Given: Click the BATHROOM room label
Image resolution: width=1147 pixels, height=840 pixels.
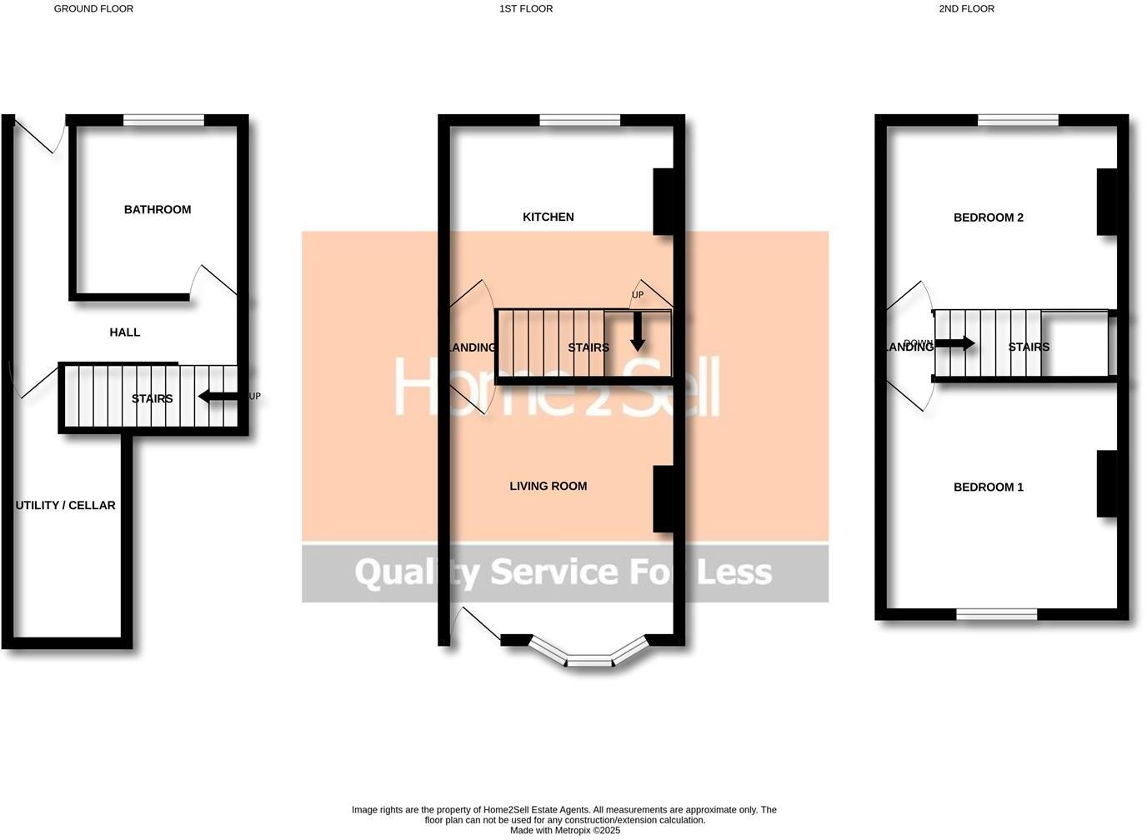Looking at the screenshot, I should (x=158, y=210).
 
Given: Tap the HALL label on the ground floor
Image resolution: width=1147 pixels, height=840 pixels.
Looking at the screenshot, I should (x=125, y=332).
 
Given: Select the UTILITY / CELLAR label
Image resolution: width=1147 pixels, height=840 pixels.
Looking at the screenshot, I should (x=66, y=505).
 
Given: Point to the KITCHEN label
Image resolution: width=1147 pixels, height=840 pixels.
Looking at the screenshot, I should (x=548, y=217).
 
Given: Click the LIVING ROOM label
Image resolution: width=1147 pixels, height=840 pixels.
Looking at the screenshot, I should (x=548, y=487).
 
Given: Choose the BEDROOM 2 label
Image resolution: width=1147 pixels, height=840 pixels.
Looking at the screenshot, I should (x=988, y=218).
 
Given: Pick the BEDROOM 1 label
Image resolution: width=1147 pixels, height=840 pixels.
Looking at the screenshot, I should (x=988, y=487).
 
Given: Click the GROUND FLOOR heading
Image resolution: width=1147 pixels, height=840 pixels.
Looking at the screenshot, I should (x=93, y=9).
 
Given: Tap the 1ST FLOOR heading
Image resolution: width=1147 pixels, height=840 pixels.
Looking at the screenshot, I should (x=526, y=9).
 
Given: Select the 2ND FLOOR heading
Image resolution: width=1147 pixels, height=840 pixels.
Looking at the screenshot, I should (x=966, y=9).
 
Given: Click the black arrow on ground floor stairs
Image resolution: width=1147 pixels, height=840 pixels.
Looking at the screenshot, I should (x=218, y=397).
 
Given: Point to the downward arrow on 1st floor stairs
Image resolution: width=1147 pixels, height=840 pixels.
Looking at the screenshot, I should (x=638, y=332).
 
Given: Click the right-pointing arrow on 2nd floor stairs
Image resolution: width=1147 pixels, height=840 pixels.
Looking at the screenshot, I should (x=955, y=343).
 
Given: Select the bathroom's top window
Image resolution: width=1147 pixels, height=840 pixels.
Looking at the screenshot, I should (x=163, y=121).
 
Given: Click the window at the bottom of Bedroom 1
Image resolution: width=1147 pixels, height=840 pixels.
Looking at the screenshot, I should (x=996, y=615).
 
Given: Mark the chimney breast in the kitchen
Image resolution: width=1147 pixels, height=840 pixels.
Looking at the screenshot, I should (x=663, y=202).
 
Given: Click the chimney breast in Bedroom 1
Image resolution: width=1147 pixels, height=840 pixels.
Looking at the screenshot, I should (x=1106, y=484).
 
